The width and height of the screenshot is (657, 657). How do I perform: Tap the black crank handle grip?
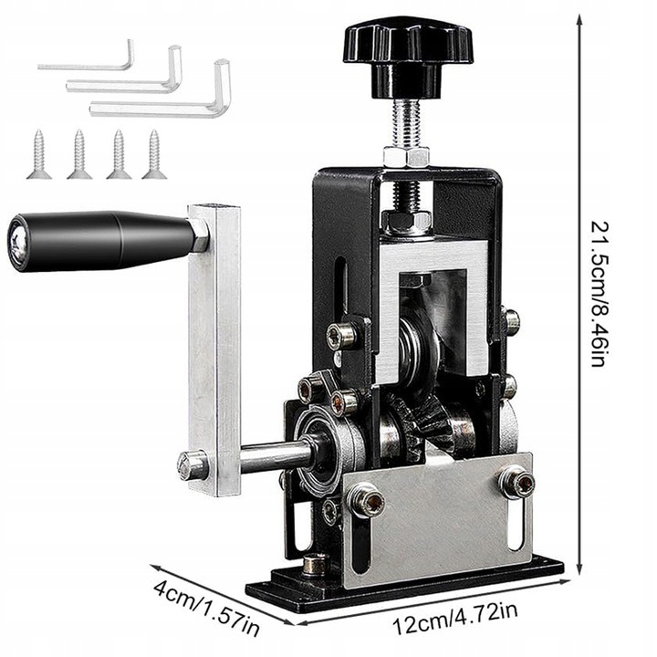[x=100, y=241]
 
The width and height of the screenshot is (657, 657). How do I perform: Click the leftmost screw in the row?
[x=39, y=154]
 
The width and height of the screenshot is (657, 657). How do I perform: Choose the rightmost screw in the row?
[x=154, y=154]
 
